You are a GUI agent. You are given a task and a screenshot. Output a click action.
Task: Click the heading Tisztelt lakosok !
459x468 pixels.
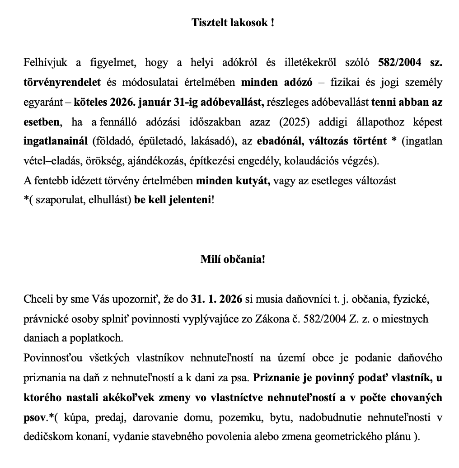click(x=233, y=23)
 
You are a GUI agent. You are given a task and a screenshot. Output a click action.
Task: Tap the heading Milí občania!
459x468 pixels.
click(x=233, y=260)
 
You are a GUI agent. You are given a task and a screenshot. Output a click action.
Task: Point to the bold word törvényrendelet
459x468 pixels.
click(x=63, y=83)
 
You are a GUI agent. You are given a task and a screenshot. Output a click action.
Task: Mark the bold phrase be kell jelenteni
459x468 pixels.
click(x=172, y=200)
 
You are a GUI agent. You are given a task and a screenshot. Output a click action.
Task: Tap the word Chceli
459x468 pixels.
click(x=37, y=299)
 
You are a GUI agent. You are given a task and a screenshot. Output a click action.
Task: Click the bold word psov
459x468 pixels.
click(x=34, y=418)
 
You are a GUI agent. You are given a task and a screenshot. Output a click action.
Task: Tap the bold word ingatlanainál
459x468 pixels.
click(x=56, y=141)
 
